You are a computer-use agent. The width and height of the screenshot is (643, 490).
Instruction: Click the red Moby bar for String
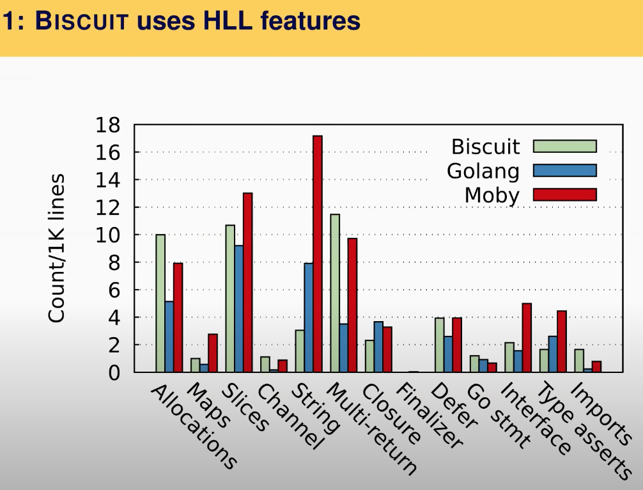(317, 253)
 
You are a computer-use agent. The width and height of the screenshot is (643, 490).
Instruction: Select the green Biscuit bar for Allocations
(160, 303)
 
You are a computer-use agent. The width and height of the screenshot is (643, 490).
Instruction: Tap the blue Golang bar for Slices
(238, 308)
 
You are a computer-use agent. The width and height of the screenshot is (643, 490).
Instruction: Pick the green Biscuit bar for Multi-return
(335, 293)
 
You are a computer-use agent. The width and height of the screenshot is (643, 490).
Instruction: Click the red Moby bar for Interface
(527, 338)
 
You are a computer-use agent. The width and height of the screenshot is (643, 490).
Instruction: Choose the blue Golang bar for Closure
(378, 347)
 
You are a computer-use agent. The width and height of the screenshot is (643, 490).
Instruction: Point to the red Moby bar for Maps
(212, 353)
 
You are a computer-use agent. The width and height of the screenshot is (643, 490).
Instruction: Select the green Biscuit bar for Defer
(439, 345)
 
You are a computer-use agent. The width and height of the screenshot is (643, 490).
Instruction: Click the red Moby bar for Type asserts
(561, 341)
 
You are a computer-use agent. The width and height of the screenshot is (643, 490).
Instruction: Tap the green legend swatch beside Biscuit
(564, 146)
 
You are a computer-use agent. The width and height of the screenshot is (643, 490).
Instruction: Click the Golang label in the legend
(483, 171)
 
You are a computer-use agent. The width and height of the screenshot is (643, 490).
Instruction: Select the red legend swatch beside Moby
(564, 194)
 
